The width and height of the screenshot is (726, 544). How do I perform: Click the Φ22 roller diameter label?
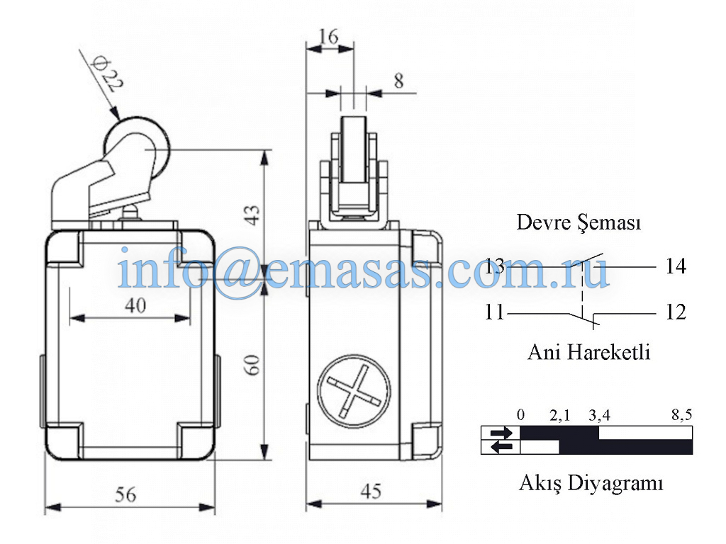(108, 74)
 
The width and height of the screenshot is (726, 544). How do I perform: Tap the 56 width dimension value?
(125, 495)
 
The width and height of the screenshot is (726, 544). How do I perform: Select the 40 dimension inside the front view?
(135, 305)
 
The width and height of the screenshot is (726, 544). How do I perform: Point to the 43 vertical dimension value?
(253, 215)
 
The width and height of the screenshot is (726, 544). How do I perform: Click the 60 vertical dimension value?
(252, 365)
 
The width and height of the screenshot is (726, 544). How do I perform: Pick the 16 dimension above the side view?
(328, 37)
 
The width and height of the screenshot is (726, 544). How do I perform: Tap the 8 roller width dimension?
(398, 81)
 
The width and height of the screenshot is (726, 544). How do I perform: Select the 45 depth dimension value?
(371, 492)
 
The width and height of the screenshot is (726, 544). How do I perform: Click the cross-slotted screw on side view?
(354, 391)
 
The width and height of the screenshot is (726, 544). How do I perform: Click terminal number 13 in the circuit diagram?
(494, 266)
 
